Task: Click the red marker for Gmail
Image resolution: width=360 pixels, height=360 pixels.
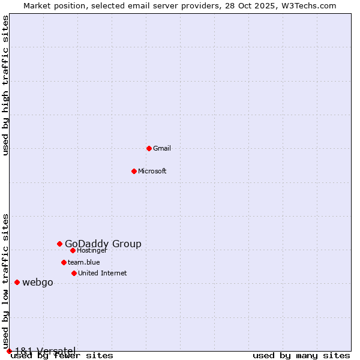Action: click(149, 148)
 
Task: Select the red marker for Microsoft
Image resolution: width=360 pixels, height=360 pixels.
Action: click(134, 171)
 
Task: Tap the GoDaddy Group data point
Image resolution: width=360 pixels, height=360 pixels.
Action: click(59, 244)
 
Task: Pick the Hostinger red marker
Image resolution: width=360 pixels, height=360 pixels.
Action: click(73, 250)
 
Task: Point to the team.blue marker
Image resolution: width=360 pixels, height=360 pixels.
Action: click(64, 262)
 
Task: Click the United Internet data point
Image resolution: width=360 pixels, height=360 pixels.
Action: click(74, 273)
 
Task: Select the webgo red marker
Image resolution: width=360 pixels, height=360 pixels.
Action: click(17, 282)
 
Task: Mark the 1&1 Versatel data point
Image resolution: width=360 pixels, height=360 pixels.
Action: click(9, 351)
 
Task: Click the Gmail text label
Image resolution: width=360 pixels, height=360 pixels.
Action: click(162, 148)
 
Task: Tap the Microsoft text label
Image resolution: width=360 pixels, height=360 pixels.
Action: click(152, 171)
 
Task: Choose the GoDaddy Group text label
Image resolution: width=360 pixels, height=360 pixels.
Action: click(103, 244)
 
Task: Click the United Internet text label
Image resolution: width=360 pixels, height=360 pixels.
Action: click(103, 273)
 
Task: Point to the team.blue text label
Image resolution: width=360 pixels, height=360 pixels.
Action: click(84, 262)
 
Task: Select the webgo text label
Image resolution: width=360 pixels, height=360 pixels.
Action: click(38, 283)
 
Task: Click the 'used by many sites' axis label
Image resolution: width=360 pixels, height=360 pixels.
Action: click(301, 356)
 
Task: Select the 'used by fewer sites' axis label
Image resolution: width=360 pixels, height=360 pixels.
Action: click(62, 356)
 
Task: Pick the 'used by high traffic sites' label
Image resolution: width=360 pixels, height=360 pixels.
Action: click(6, 86)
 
